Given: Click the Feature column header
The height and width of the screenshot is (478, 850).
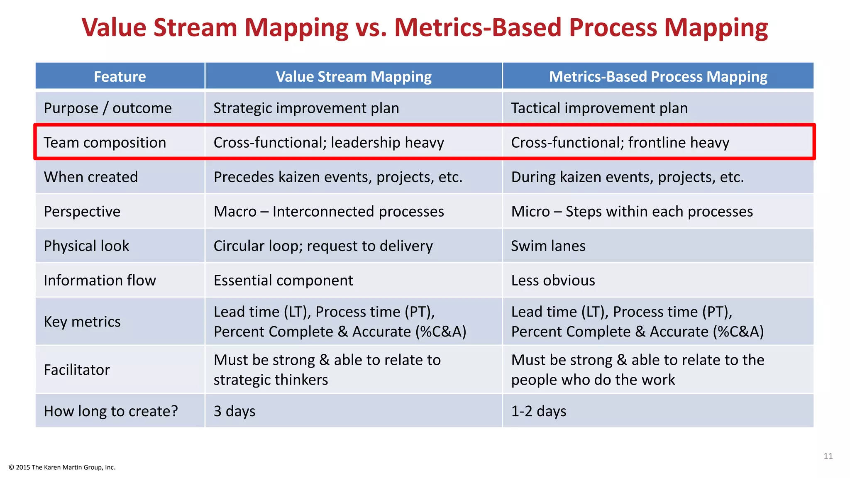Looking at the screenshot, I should (120, 77).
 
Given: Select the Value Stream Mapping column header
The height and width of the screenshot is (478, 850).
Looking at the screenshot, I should (354, 77).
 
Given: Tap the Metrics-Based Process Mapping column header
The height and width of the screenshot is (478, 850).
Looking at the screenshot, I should (658, 77).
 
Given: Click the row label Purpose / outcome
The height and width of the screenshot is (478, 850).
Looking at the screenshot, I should (107, 108).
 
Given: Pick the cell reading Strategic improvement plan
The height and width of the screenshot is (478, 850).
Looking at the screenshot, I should (306, 108).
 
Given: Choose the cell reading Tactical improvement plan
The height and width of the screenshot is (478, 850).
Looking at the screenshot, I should (599, 108).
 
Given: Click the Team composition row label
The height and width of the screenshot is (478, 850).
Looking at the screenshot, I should (105, 143).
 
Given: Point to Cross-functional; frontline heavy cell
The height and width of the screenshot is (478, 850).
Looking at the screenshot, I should (620, 143).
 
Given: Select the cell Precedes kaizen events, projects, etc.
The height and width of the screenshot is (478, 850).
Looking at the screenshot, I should (338, 177).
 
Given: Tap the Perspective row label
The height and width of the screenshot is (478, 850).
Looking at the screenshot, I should (82, 212).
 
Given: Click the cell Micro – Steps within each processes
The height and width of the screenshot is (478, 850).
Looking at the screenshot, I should (632, 212).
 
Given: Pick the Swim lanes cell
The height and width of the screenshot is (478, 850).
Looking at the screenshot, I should (548, 246).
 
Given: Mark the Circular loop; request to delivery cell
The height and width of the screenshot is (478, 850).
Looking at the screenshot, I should (323, 246).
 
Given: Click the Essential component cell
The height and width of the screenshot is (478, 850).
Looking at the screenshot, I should (283, 280).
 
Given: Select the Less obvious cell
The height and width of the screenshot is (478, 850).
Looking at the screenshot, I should (553, 280).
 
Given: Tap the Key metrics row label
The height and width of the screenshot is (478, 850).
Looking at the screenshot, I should (82, 322).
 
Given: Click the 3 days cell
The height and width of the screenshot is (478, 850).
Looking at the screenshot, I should (234, 411).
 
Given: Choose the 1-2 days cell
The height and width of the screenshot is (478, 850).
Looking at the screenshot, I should (538, 411).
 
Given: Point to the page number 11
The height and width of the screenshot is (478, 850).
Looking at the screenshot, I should (828, 456).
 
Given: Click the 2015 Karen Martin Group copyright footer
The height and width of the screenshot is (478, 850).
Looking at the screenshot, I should (62, 467).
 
